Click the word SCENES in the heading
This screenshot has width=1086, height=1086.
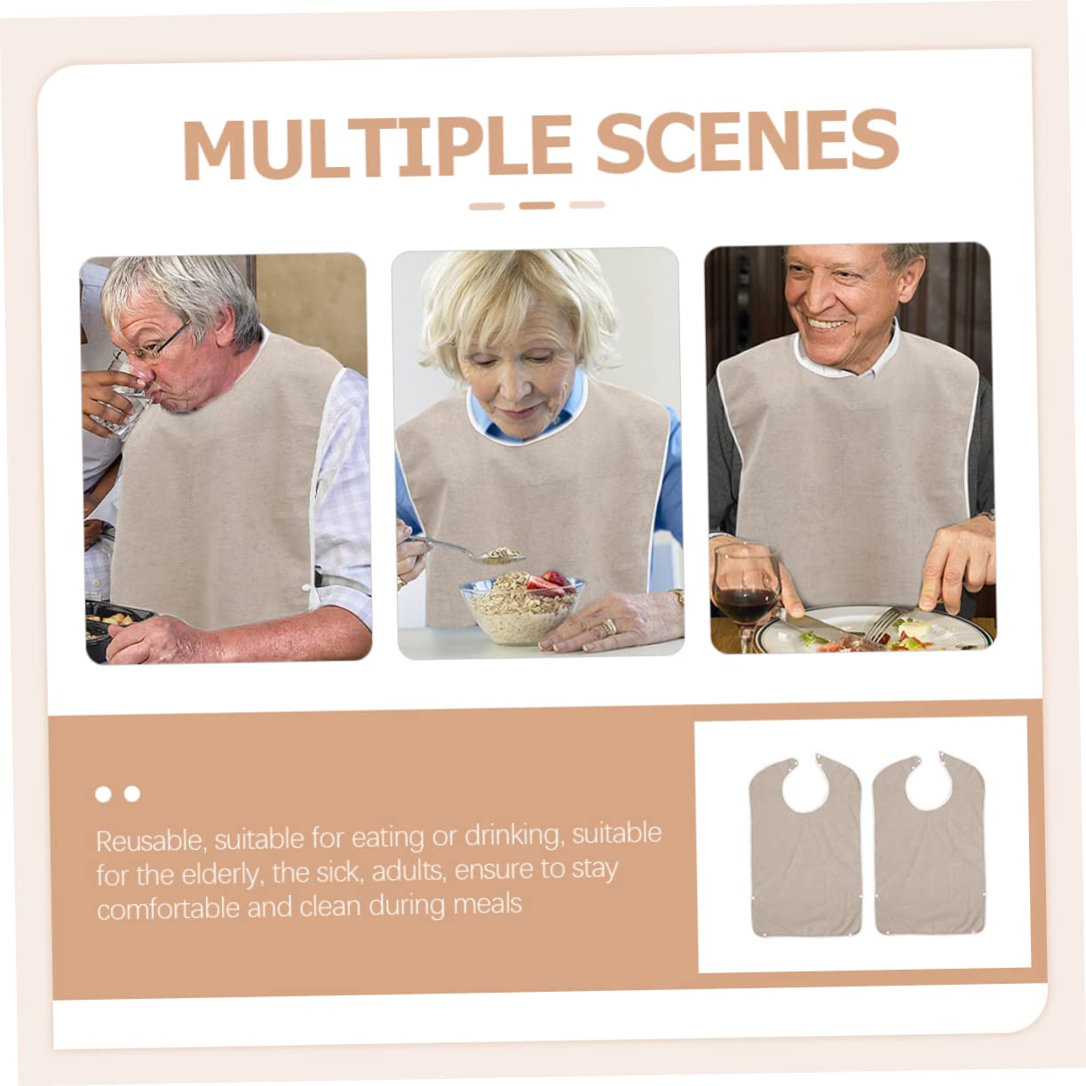coord(748,140)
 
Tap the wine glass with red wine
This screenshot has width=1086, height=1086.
coord(747,595)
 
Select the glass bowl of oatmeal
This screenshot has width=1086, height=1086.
coord(522,607)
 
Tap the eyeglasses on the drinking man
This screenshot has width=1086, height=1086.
coord(152,344)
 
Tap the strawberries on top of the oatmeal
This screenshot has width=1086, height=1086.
coord(549,580)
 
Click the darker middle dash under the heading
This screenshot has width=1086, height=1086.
coord(537,206)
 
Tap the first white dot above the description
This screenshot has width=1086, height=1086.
coord(103,794)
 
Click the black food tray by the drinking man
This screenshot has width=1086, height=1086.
coord(115,624)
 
